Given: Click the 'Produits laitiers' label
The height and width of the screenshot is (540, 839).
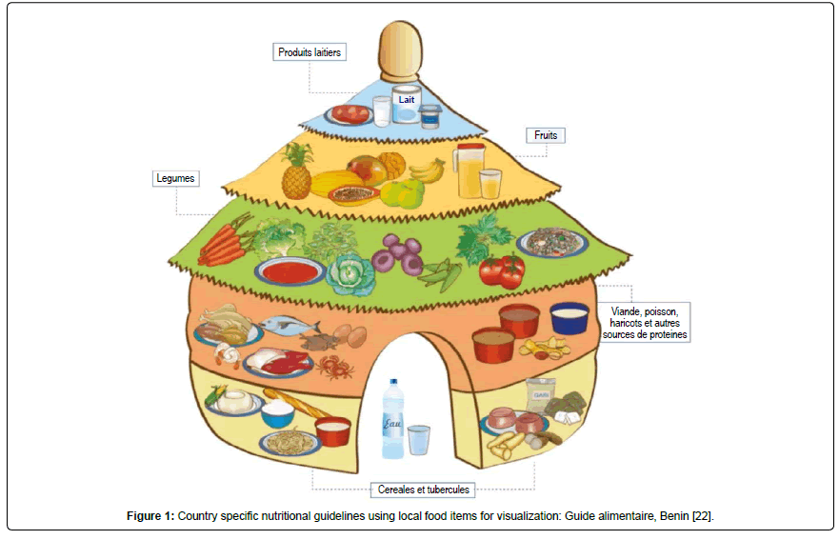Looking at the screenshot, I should point(309,53).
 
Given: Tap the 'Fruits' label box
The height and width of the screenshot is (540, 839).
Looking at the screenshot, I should point(546,135).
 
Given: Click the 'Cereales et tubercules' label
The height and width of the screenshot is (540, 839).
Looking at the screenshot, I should point(421,490).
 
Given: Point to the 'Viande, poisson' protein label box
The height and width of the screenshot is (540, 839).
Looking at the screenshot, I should point(645,322).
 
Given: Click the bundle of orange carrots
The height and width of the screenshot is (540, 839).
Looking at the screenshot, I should point(224,243).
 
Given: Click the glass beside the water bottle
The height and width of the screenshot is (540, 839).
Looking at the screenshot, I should point(419,441).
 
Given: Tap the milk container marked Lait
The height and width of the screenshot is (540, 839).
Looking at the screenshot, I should point(407,103).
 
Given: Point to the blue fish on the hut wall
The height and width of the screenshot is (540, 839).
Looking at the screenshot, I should point(290,326).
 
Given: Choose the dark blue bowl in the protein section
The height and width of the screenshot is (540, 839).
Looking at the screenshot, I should point(569,318).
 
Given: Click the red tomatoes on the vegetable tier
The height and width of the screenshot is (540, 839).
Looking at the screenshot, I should point(501,271).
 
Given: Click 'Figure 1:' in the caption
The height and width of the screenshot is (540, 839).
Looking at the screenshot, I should point(150,516).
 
